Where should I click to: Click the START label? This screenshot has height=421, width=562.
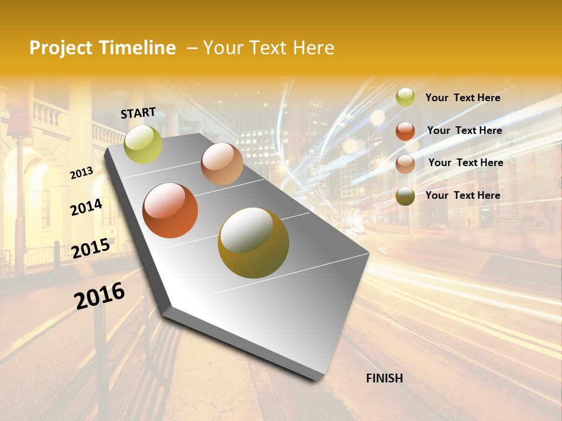[x=138, y=112]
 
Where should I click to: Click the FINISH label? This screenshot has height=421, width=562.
[x=385, y=378]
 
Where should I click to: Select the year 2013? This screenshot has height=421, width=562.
[x=82, y=172]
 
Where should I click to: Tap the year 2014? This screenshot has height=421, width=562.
[x=87, y=207]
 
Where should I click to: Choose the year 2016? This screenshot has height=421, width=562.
[x=100, y=296]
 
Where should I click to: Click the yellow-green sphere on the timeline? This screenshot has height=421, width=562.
[x=143, y=144]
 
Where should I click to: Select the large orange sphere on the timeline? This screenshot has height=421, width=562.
[x=170, y=210]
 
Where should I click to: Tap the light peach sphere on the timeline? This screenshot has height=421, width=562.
[x=222, y=164]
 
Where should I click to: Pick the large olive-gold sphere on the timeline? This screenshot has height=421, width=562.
[x=253, y=243]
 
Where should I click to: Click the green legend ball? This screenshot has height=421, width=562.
[x=405, y=98]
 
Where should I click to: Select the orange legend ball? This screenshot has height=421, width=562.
[x=405, y=131]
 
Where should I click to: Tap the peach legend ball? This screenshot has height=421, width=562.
[x=405, y=164]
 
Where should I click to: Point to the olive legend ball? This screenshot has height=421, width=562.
[x=405, y=196]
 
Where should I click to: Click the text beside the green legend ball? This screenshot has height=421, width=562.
[x=463, y=98]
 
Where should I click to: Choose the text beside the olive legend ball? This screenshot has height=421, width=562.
[x=463, y=195]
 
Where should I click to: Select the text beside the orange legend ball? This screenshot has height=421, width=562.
[x=465, y=130]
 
